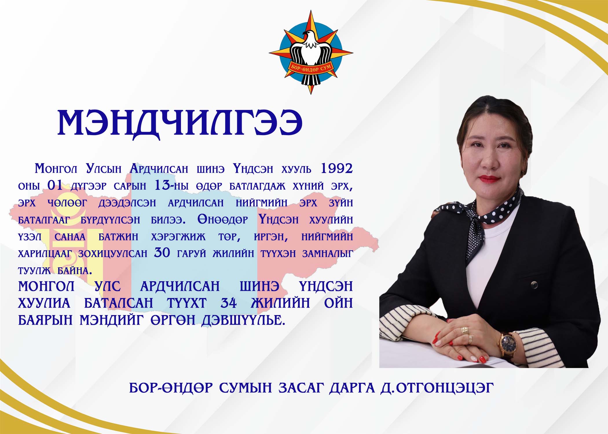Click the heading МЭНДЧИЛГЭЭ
pyautogui.click(x=180, y=123)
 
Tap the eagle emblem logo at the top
pyautogui.click(x=311, y=52)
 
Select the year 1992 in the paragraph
pyautogui.click(x=336, y=168)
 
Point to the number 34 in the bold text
pyautogui.click(x=229, y=303)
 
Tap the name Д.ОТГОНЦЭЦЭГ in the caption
pyautogui.click(x=437, y=388)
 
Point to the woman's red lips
pyautogui.click(x=489, y=179)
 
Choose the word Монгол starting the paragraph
pyautogui.click(x=56, y=168)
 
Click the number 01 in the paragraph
pyautogui.click(x=55, y=185)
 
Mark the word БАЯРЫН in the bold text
pyautogui.click(x=45, y=320)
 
